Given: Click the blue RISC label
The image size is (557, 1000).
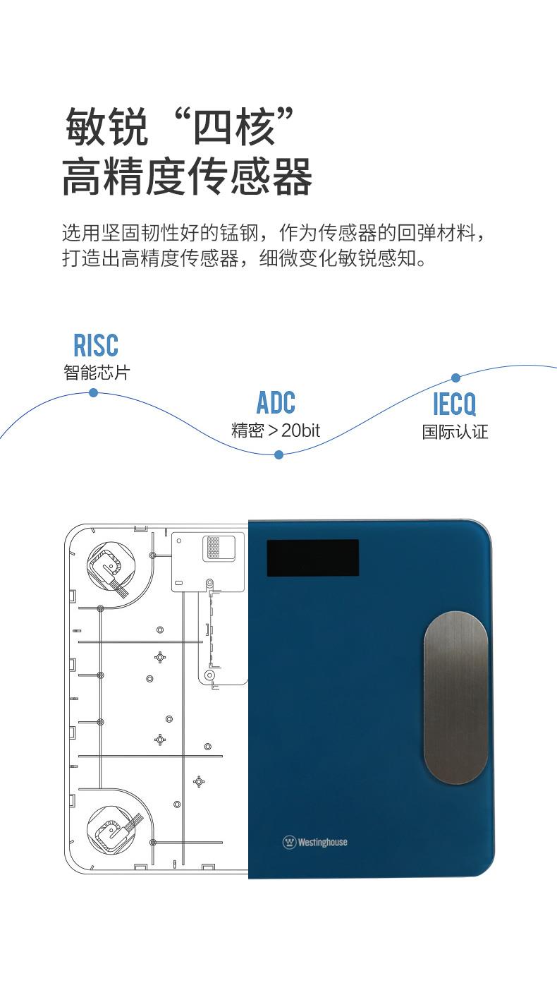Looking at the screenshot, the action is point(96,345).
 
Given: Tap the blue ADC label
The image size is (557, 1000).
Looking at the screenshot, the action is point(276,403).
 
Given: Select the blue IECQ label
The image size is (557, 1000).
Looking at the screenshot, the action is point(455,404).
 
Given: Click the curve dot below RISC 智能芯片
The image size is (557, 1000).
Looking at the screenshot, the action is point(93,393).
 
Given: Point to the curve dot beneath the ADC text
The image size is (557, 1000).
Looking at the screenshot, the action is point(278,455).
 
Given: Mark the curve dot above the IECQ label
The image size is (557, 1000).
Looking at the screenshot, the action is point(455,378).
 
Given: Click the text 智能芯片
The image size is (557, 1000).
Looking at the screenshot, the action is point(97,373).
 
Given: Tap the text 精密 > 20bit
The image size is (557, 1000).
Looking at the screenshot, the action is point(276,430).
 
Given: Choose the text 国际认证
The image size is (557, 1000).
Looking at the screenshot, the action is point(455,432).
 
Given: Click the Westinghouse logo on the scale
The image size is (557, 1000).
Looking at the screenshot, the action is point(315,842).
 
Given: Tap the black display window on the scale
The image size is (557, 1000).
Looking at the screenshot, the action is point(312,558).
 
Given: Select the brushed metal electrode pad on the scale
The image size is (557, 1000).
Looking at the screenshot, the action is point(455,698).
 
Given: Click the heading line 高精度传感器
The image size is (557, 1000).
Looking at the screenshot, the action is point(187,177).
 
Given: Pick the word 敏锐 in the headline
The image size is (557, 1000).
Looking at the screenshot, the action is point(106,127).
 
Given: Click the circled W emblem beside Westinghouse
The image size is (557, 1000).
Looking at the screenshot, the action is point(289,842).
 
